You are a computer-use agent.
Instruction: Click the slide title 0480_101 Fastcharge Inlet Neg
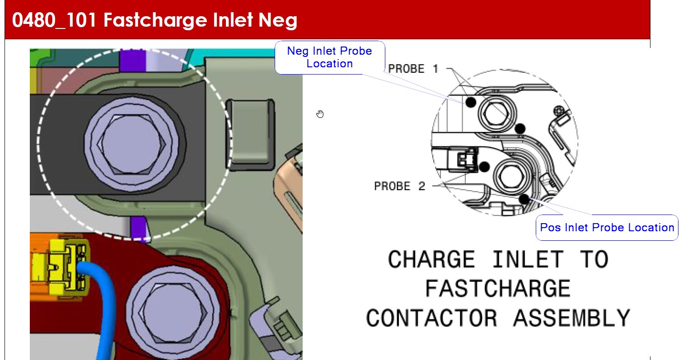(x=154, y=20)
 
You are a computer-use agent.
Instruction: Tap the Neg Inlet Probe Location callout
(x=330, y=57)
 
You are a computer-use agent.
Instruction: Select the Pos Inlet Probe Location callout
(x=607, y=227)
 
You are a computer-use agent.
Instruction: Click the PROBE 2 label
(x=399, y=186)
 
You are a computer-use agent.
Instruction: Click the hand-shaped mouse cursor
(x=320, y=114)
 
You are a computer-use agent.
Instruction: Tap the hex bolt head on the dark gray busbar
(x=131, y=145)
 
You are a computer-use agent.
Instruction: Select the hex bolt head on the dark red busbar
(x=173, y=313)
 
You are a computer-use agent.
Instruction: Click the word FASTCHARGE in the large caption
(x=498, y=288)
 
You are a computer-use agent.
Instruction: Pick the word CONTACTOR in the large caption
(x=431, y=318)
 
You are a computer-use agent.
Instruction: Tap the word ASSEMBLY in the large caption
(x=572, y=318)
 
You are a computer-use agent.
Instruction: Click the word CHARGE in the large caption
(x=431, y=259)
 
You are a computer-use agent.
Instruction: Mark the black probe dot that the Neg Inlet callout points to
(x=471, y=103)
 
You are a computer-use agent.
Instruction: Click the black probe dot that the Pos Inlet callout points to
(x=524, y=199)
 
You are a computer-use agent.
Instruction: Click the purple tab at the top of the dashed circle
(x=133, y=61)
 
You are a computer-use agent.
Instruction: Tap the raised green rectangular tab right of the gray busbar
(x=250, y=134)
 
